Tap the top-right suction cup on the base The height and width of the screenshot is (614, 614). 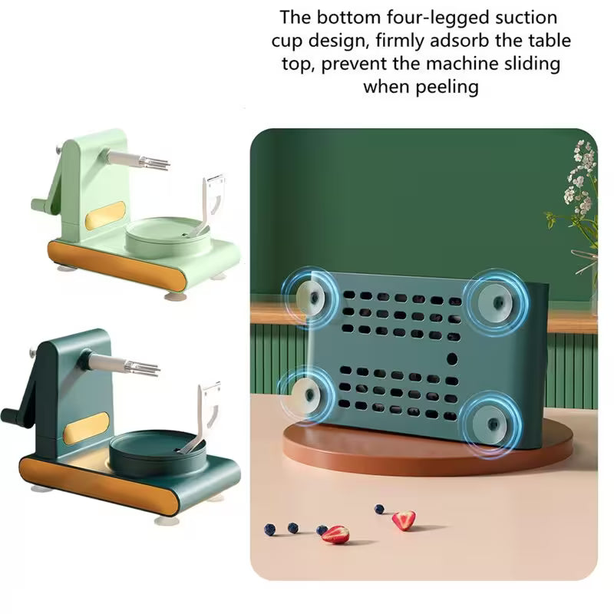pyautogui.click(x=494, y=302)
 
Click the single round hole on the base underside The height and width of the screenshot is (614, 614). pyautogui.click(x=452, y=358)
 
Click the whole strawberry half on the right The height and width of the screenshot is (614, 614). pyautogui.click(x=404, y=520)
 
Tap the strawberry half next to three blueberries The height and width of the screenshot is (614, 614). pyautogui.click(x=335, y=535)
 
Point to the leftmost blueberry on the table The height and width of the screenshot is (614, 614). pyautogui.click(x=270, y=530)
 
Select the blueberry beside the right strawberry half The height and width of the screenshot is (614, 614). pyautogui.click(x=379, y=509)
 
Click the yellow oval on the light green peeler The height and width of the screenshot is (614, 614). pyautogui.click(x=105, y=216)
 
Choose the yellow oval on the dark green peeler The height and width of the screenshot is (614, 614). pyautogui.click(x=86, y=428)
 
